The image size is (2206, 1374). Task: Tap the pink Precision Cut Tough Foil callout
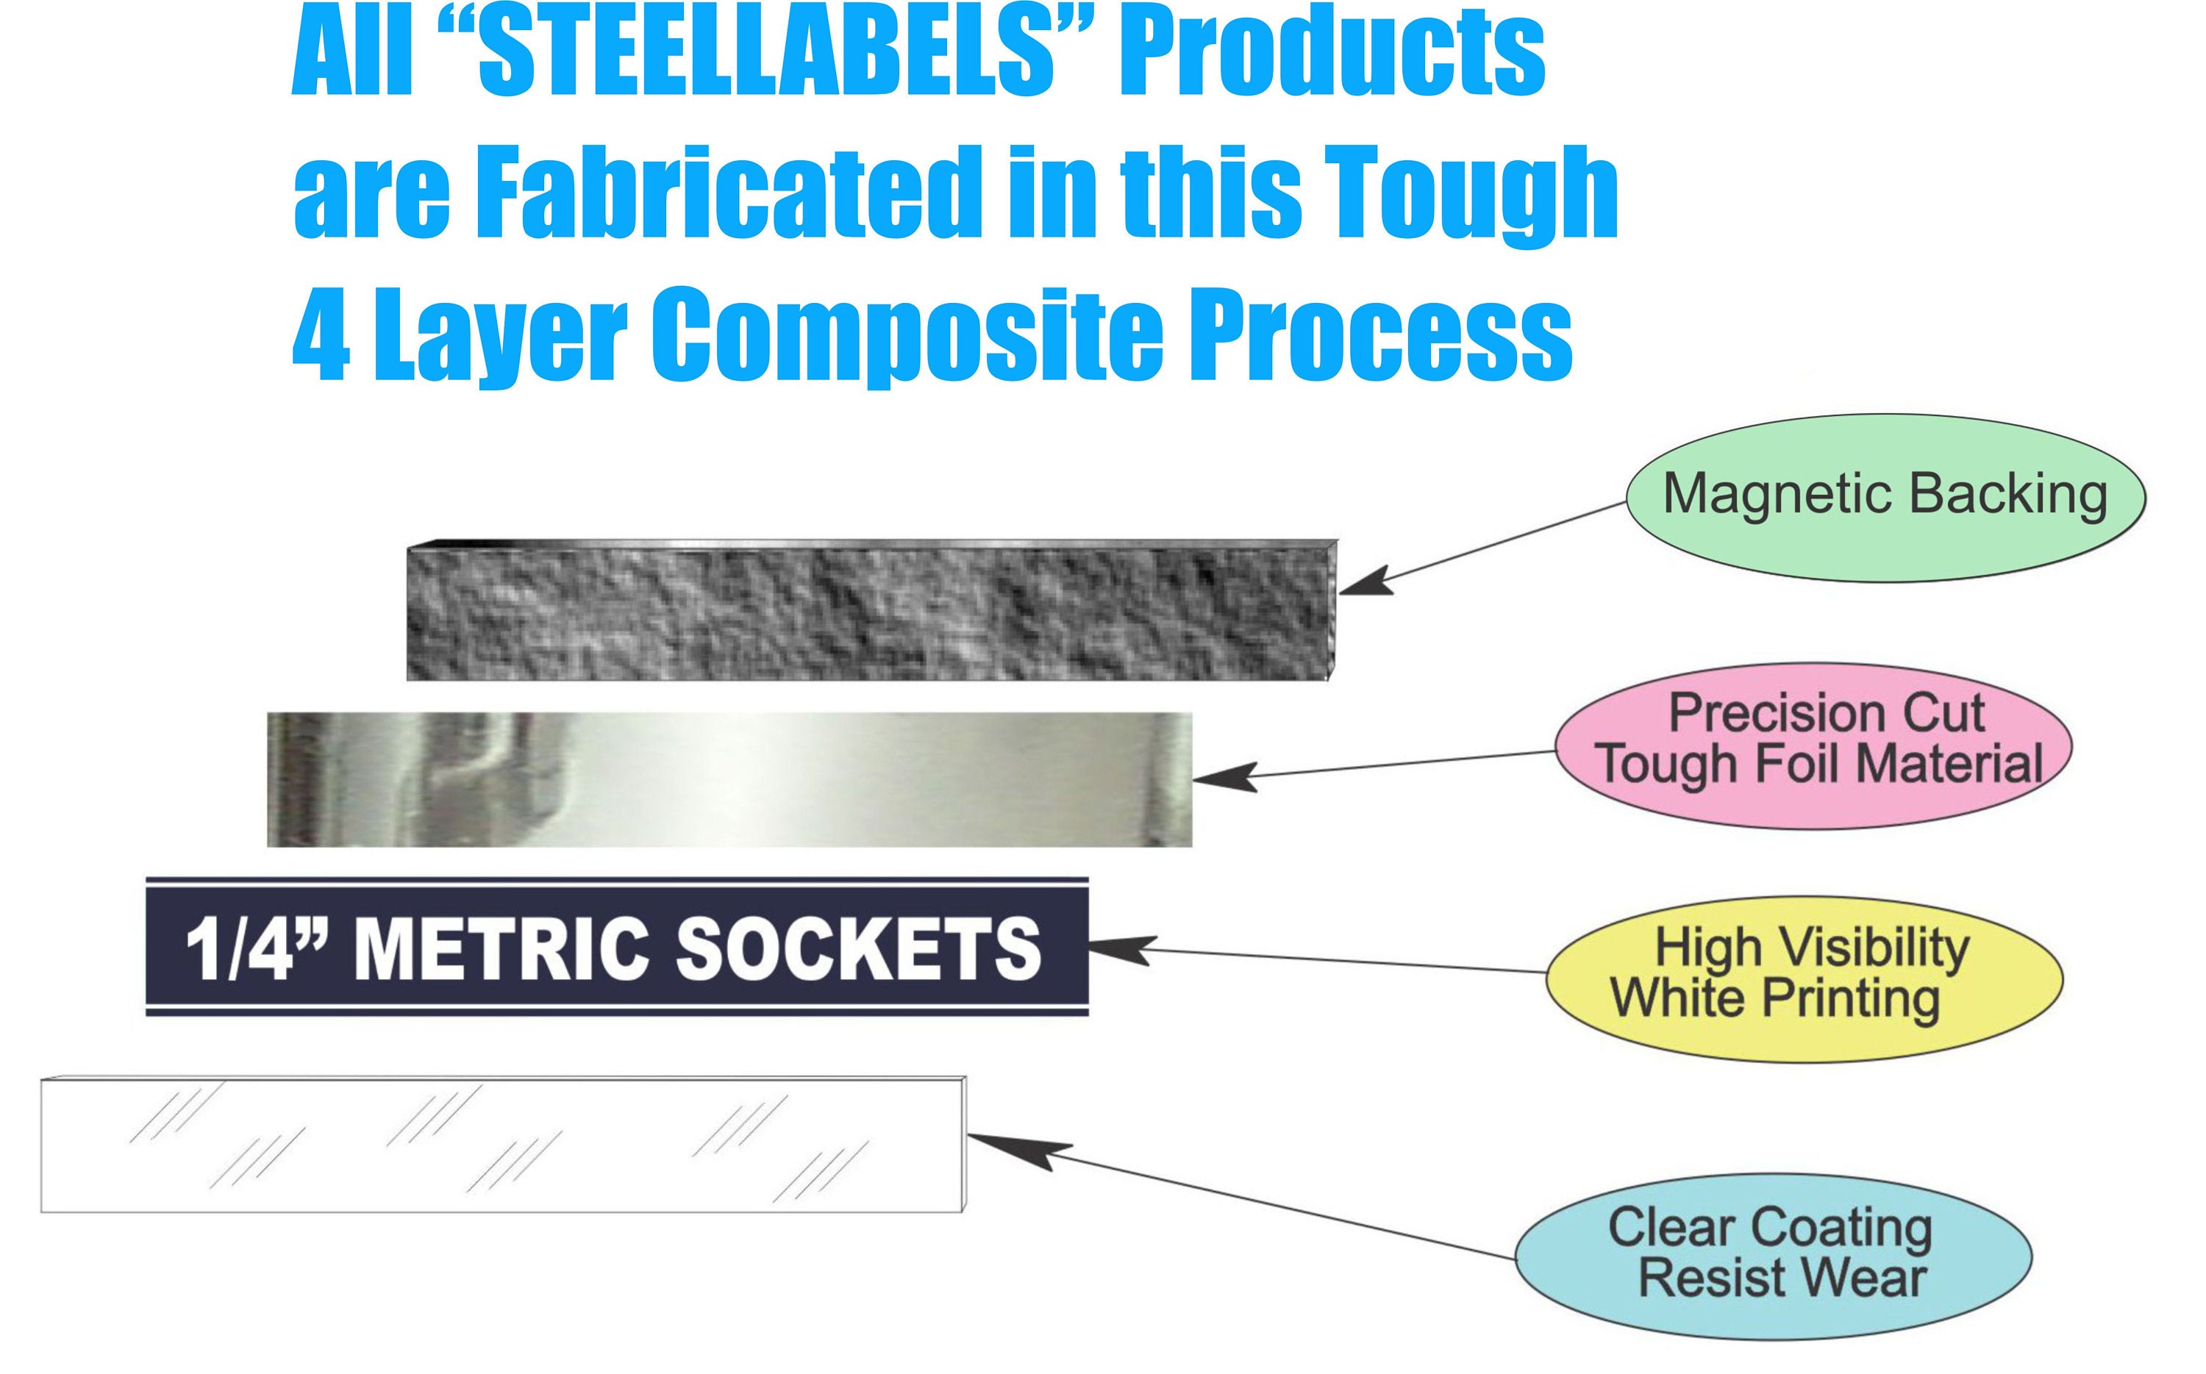tap(1814, 745)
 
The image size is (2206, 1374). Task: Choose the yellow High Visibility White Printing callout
tap(1805, 978)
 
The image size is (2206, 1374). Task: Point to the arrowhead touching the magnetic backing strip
tap(1363, 582)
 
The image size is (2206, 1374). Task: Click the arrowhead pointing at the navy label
tap(1118, 948)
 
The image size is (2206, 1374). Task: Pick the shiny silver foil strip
tap(729, 780)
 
